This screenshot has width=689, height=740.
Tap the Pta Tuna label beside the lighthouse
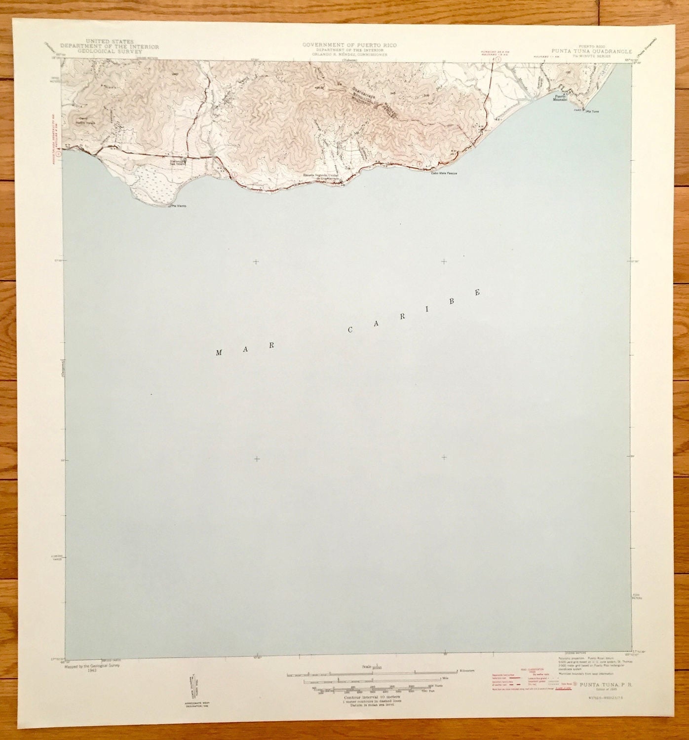coord(591,111)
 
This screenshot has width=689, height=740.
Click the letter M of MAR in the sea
coord(219,353)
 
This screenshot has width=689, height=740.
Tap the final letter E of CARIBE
coord(477,293)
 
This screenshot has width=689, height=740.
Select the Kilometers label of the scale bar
coord(466,671)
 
